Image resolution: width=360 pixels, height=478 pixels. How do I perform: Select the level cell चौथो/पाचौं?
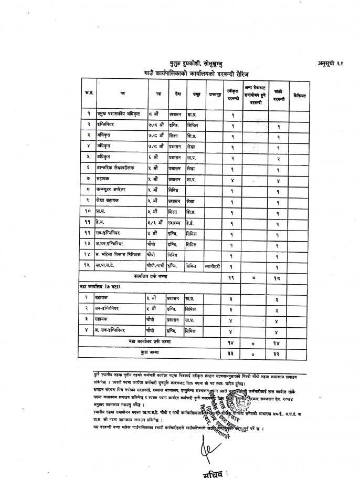click(x=156, y=266)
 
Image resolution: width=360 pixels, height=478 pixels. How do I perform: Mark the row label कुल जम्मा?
click(x=151, y=354)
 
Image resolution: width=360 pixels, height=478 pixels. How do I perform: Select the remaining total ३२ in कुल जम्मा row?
click(x=277, y=354)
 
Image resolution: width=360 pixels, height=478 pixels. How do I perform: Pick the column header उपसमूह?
click(x=214, y=95)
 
